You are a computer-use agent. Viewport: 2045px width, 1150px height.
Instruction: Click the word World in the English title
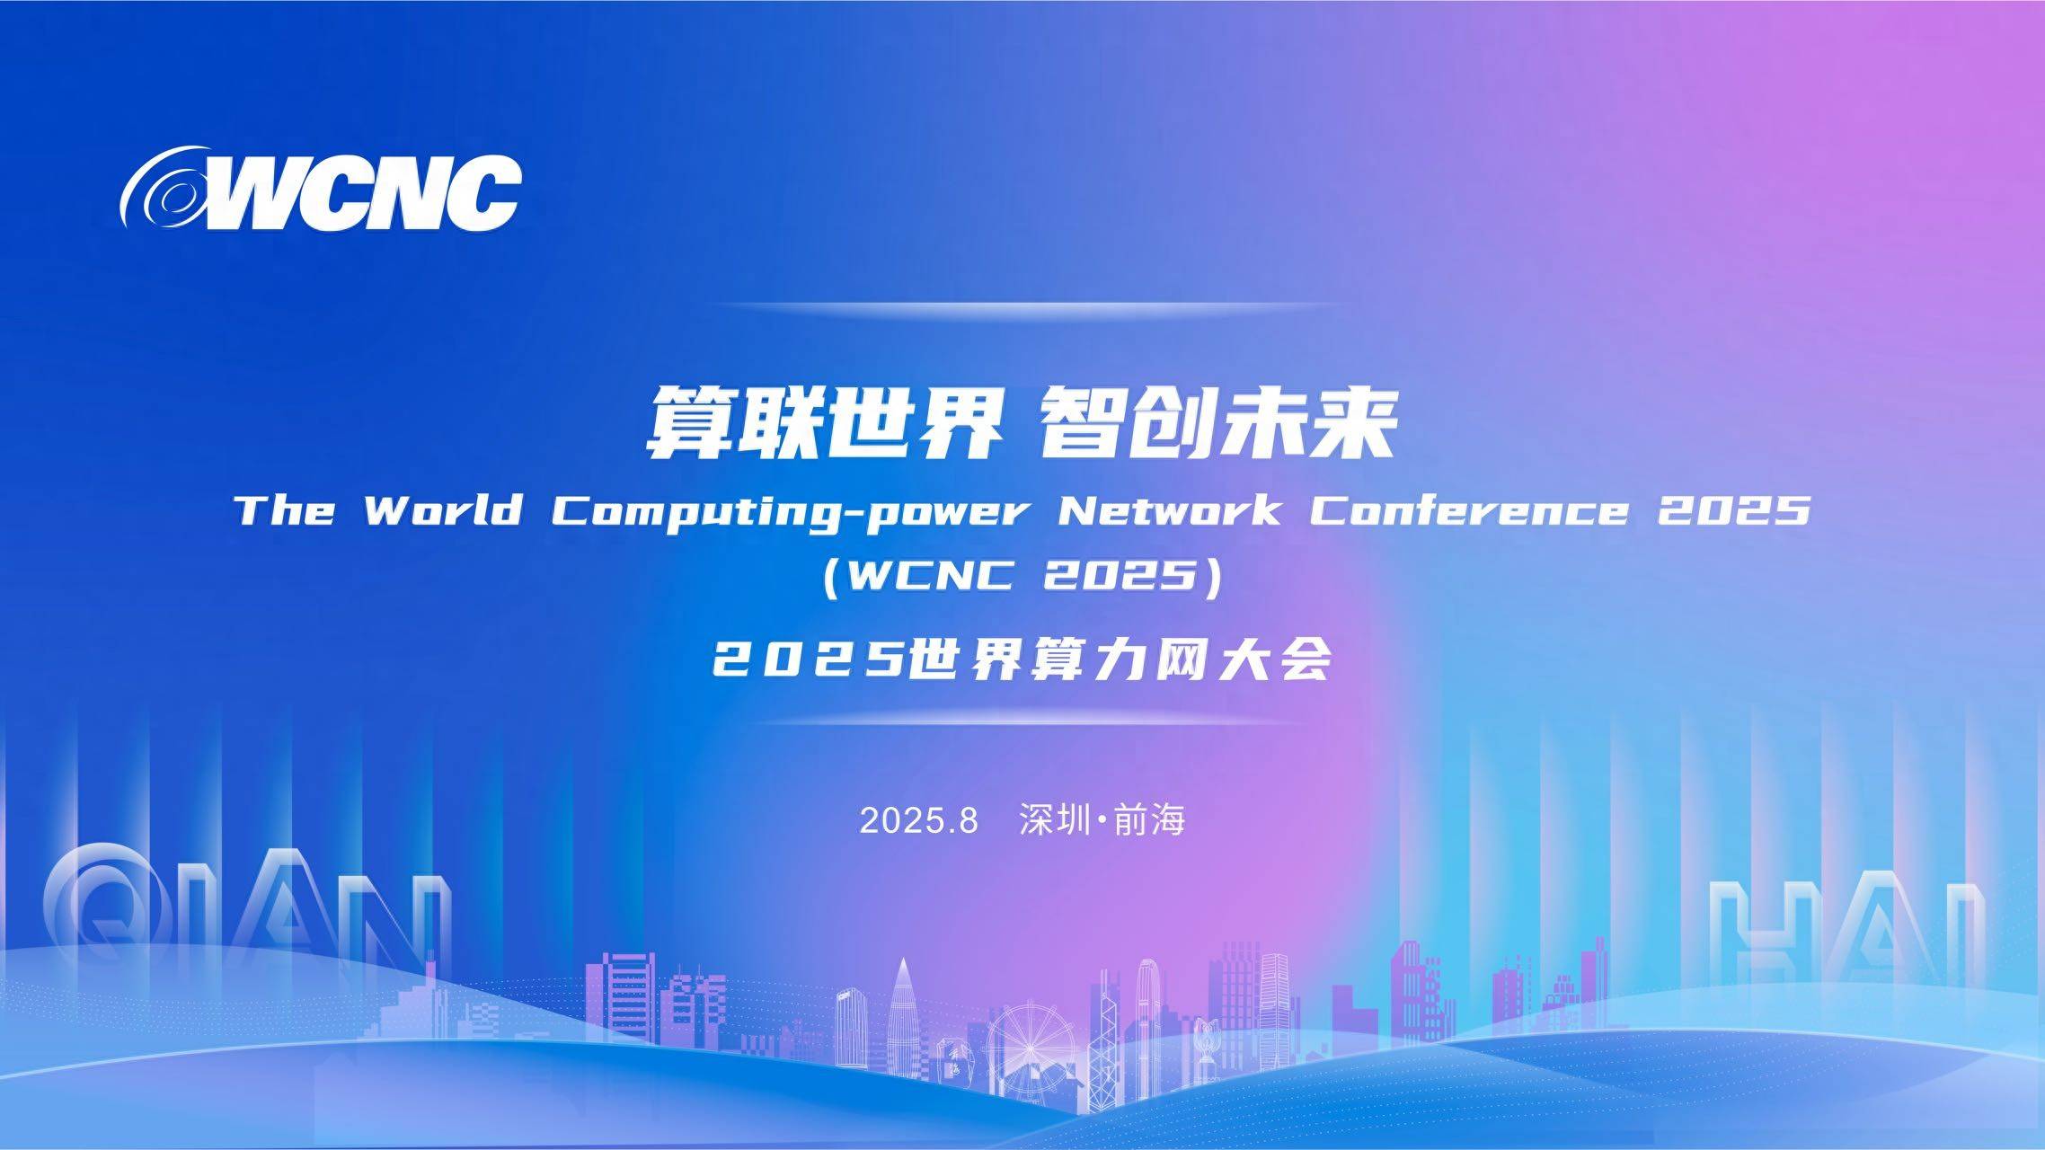pos(443,510)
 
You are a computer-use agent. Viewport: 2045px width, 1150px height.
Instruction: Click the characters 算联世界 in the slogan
pos(825,423)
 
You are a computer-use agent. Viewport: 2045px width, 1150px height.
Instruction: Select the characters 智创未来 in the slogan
pos(1217,423)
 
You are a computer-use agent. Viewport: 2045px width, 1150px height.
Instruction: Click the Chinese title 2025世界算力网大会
pos(1022,662)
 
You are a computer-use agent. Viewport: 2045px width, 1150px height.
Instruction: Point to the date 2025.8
pos(918,820)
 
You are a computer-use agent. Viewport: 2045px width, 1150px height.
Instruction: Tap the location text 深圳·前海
pos(1102,820)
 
